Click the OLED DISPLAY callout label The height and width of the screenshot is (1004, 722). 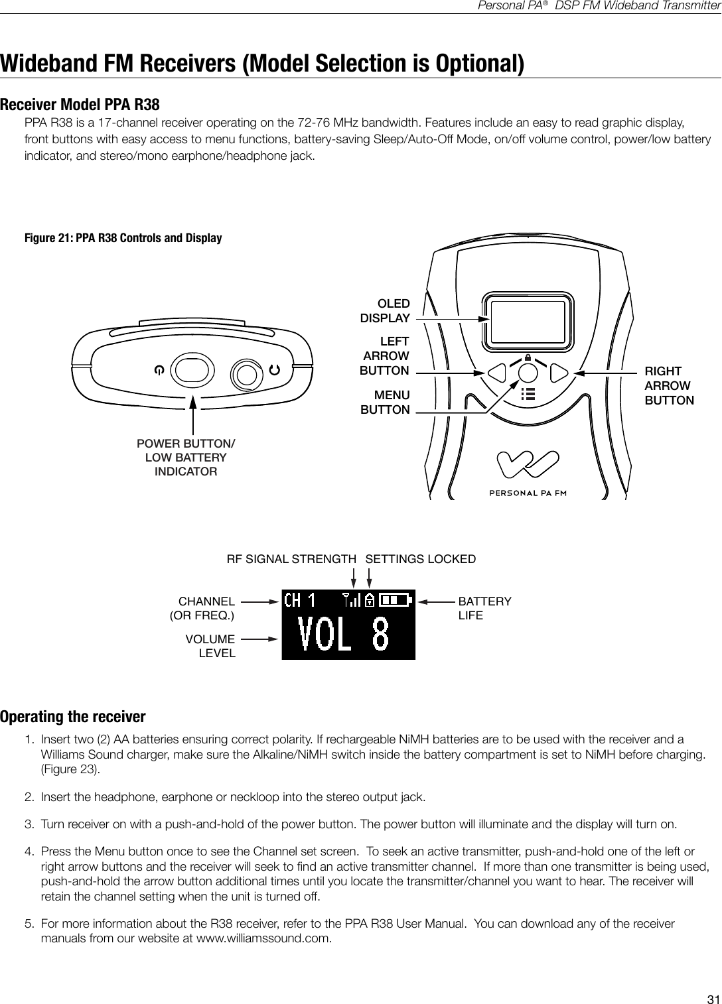click(x=385, y=311)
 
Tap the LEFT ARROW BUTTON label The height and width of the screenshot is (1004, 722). click(x=385, y=356)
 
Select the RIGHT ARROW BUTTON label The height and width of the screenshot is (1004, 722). click(x=669, y=386)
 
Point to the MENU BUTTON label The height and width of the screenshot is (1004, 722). click(x=385, y=403)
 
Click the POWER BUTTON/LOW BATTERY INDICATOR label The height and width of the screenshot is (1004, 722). click(x=186, y=458)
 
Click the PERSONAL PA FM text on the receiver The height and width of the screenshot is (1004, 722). click(x=528, y=493)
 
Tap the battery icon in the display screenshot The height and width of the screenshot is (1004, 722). click(x=396, y=600)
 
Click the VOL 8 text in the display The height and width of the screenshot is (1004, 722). click(x=344, y=635)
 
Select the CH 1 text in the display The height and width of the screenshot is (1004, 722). click(x=299, y=601)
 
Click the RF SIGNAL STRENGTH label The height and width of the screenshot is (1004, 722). click(x=291, y=559)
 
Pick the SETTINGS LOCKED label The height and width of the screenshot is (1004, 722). click(x=421, y=559)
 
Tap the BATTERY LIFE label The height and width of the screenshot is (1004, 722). click(x=484, y=608)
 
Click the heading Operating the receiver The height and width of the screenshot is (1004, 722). click(x=73, y=717)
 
